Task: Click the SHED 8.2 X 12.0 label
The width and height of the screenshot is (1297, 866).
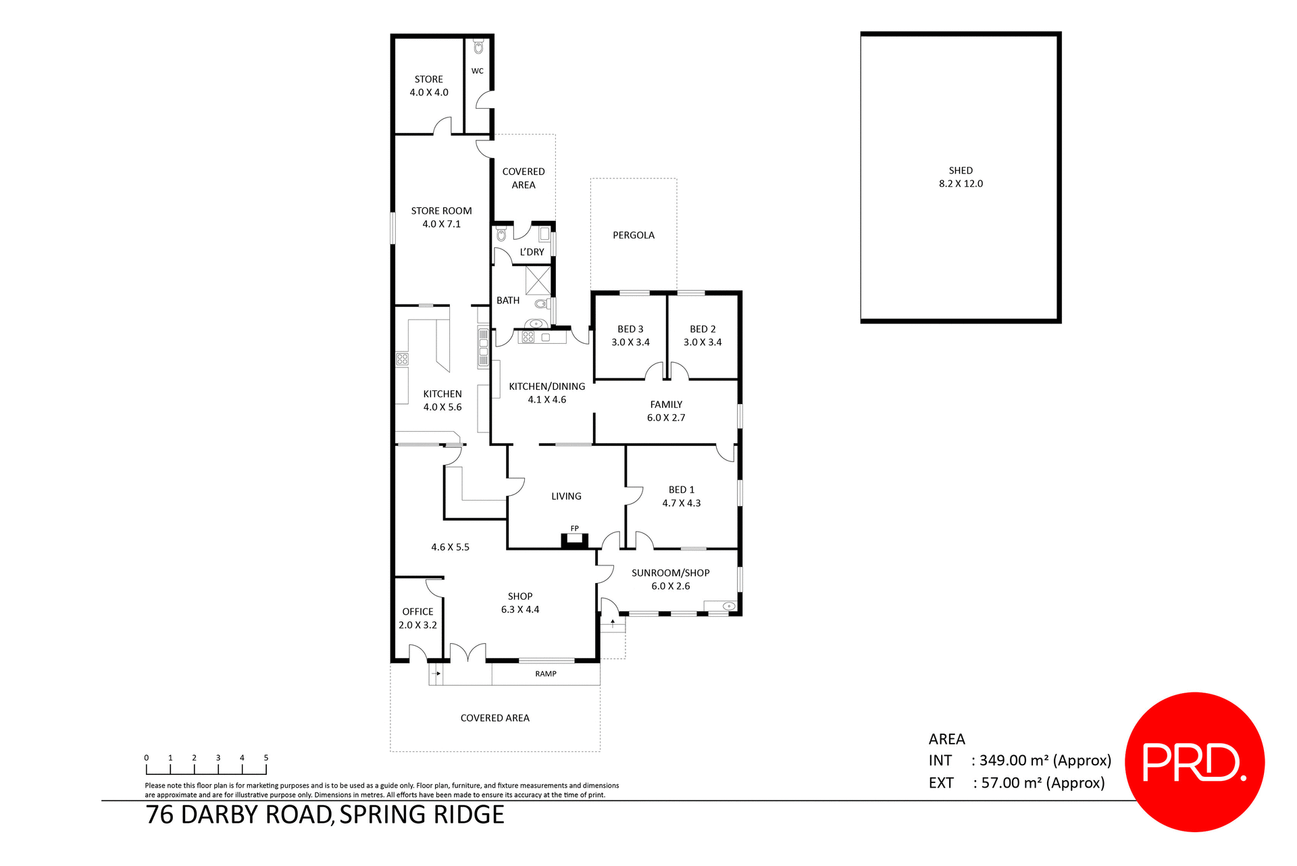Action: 960,177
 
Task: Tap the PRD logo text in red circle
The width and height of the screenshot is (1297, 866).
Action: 1194,763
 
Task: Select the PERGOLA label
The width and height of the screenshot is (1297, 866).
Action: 633,235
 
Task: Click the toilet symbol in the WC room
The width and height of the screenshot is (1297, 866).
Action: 479,47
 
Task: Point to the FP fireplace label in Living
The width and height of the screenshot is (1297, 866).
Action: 574,528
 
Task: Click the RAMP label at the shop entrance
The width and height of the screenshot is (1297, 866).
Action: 545,673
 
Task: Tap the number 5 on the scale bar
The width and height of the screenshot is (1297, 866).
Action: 266,758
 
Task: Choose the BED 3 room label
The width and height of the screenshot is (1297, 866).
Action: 630,336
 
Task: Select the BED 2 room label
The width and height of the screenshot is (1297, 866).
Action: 703,336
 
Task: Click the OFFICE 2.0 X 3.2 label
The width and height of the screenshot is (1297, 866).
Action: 417,618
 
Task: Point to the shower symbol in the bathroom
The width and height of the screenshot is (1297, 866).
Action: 538,279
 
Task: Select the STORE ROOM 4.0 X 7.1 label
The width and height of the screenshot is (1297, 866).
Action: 441,218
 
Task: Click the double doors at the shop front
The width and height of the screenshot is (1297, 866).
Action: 467,653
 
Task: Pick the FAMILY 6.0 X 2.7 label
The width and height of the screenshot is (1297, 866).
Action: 666,411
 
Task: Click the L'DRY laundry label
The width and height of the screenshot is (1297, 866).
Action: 532,252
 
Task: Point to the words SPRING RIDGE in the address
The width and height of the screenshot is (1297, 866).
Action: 422,815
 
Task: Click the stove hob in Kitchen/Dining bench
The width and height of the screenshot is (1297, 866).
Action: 528,336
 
